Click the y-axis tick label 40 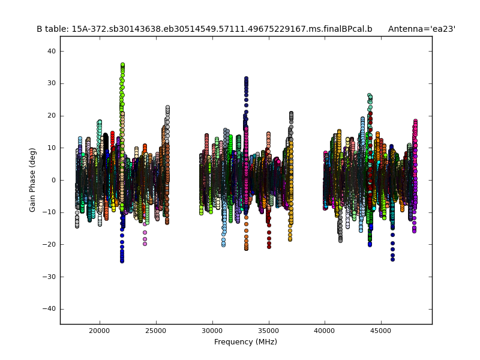tap(51, 52)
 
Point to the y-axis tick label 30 tap(51, 83)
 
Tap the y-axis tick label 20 tap(51, 116)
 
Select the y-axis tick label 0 tap(53, 180)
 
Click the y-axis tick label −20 tap(49, 244)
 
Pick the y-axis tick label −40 tap(49, 308)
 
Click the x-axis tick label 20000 tap(100, 330)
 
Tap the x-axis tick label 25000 tap(156, 330)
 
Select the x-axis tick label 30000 tap(212, 330)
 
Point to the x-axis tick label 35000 tap(269, 330)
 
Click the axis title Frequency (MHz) tap(245, 342)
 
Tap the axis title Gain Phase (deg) tap(33, 180)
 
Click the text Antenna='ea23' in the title tap(421, 29)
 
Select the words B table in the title tap(50, 29)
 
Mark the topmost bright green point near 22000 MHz tap(122, 65)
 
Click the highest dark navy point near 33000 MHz tap(246, 78)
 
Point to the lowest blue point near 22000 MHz tap(122, 261)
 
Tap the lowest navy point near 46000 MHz tap(392, 259)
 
